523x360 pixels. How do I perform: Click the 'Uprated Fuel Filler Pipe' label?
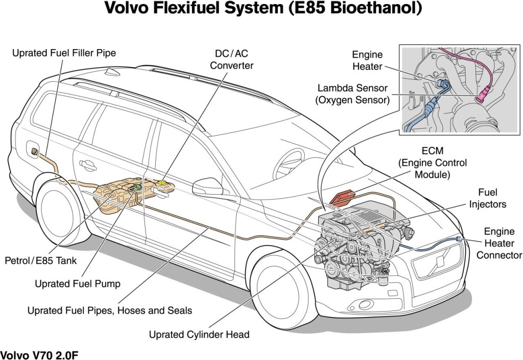64,53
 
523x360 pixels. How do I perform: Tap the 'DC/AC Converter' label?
231,59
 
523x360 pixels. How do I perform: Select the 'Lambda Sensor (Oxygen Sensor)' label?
353,94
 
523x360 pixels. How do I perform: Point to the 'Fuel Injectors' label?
487,198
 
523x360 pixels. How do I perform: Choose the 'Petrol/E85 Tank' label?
40,261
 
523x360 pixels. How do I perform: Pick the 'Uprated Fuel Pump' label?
77,283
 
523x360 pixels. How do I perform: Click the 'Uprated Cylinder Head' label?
199,334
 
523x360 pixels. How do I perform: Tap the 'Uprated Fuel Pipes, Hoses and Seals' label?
110,310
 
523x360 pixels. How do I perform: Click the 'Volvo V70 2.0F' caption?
39,354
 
